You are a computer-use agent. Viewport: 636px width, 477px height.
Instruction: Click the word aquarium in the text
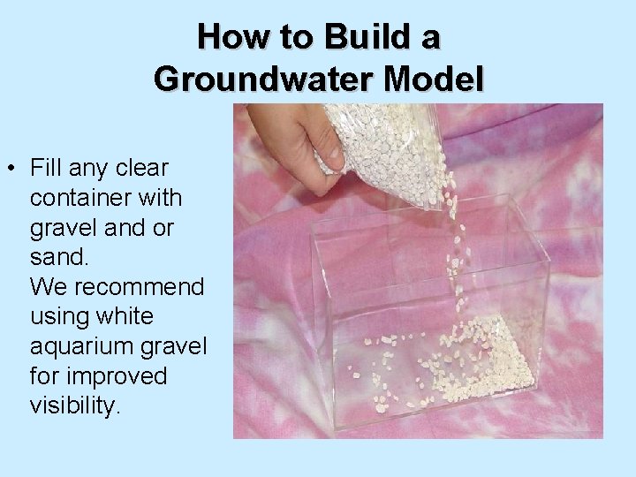83,346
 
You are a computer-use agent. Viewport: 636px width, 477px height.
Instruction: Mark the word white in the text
121,316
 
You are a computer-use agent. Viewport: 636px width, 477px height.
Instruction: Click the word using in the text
59,316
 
